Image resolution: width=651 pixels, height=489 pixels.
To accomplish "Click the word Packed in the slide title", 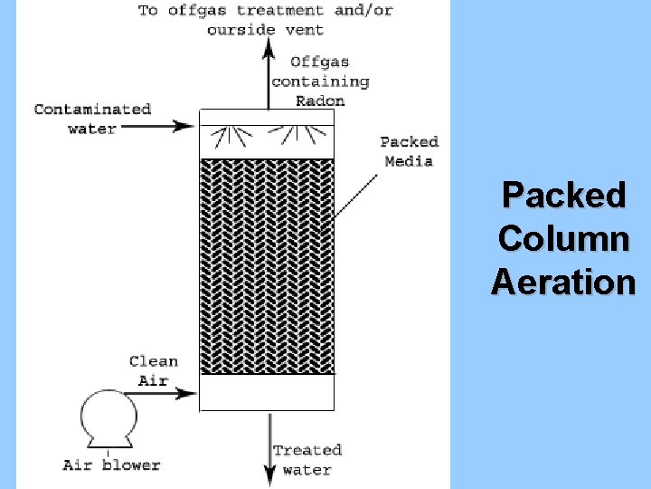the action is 564,195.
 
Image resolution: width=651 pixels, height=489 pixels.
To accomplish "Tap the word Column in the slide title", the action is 564,238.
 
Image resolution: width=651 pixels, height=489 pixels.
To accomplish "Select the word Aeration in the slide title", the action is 564,282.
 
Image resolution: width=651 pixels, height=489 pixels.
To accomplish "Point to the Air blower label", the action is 111,465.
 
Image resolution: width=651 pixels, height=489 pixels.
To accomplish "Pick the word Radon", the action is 320,101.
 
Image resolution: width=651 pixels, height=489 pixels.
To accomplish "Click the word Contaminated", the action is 92,110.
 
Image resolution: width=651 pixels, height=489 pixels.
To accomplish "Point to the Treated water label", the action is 307,459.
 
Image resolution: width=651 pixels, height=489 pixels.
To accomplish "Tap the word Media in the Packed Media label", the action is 409,161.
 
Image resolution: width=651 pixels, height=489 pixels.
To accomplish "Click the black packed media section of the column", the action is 266,266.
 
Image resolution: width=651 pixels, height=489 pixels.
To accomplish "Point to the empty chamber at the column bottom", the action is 266,392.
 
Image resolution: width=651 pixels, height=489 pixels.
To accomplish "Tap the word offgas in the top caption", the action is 197,11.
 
